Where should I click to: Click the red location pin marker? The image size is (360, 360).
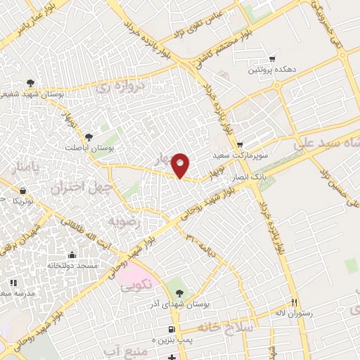pyautogui.click(x=181, y=166)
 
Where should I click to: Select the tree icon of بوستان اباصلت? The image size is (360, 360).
pyautogui.click(x=89, y=137)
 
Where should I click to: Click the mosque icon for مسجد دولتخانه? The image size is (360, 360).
pyautogui.click(x=71, y=255)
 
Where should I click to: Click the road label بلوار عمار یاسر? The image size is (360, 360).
pyautogui.click(x=28, y=19)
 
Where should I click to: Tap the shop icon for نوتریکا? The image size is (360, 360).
pyautogui.click(x=23, y=191)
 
